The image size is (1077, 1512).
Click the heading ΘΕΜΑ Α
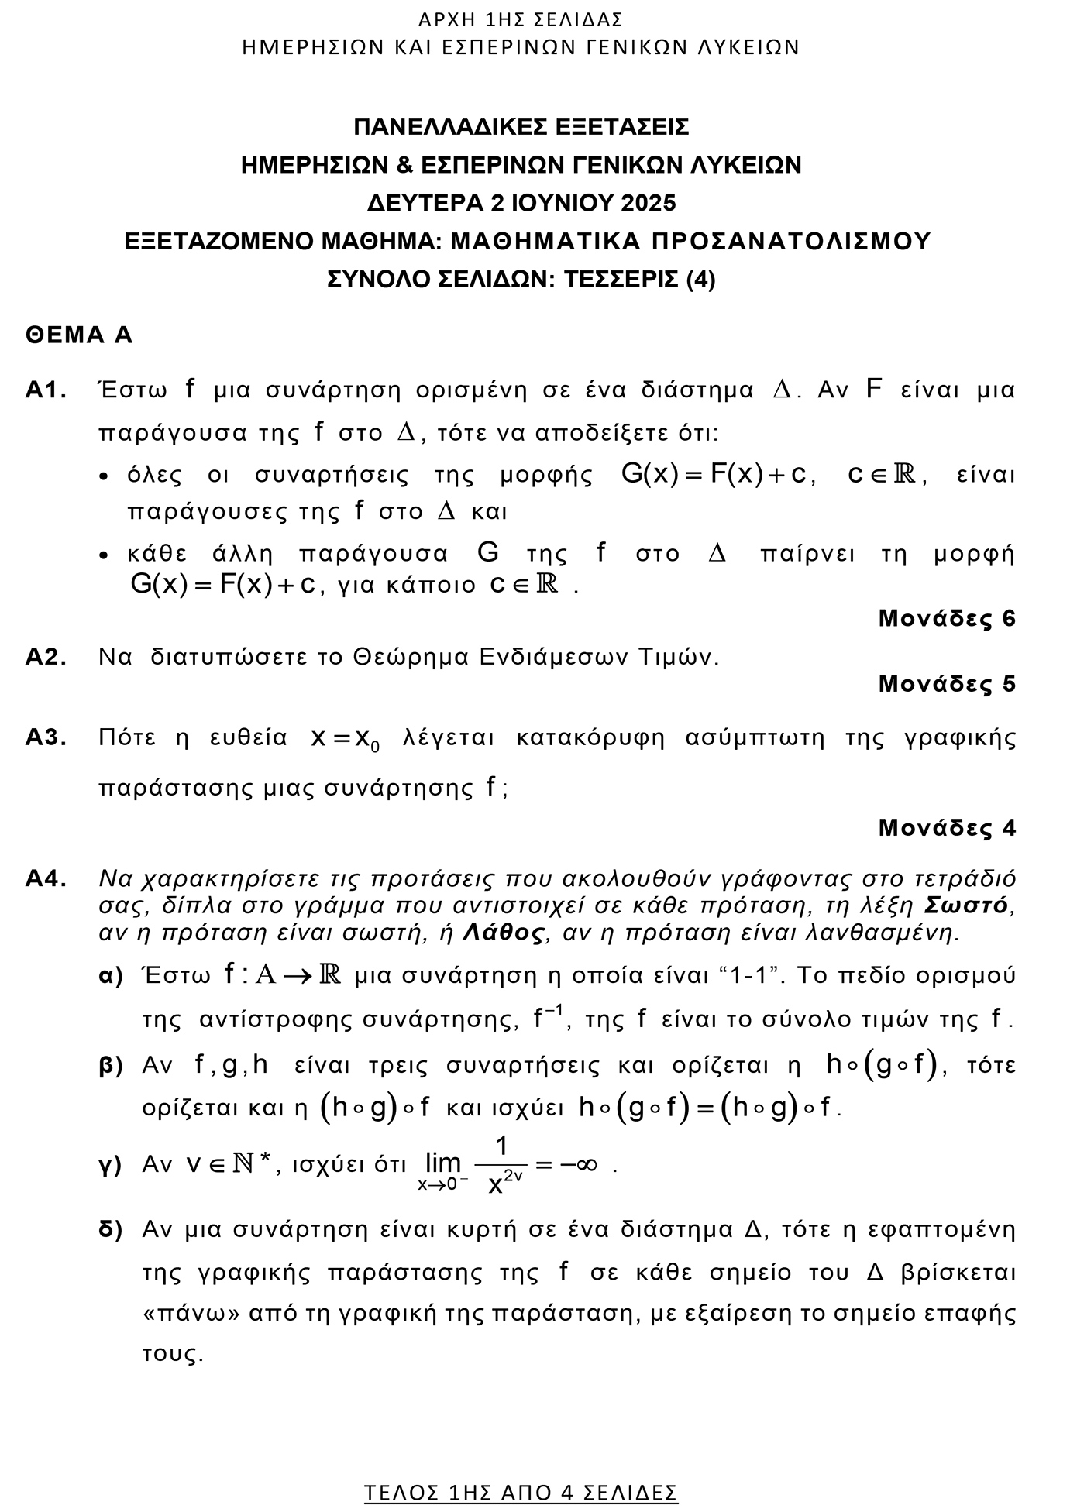79,335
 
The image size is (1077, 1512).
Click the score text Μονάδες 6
946,618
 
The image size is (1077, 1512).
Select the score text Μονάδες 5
946,684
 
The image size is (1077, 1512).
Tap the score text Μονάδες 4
946,828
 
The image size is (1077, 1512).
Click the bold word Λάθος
504,932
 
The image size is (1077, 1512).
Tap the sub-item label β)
112,1067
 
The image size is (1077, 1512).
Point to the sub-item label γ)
111,1166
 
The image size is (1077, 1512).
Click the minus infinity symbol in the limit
577,1165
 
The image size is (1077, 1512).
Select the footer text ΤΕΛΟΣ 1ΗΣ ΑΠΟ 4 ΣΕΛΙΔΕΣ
521,1492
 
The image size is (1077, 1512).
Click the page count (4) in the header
700,279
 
